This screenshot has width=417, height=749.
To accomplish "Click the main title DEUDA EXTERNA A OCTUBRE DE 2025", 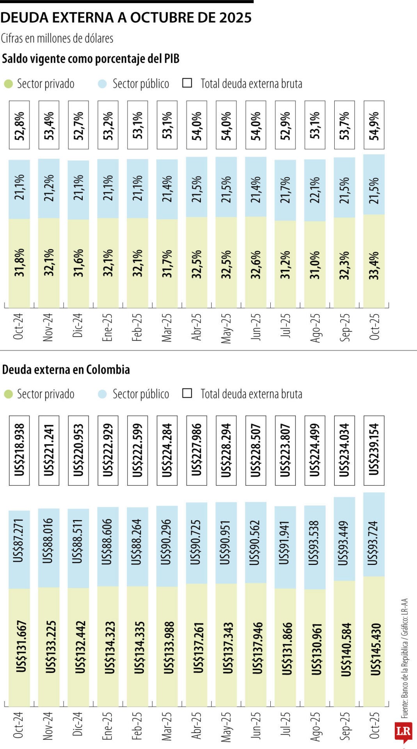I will pos(126,18).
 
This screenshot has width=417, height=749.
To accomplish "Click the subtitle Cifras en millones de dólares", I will pos(57,38).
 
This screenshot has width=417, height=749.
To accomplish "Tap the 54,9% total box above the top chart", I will pos(374,125).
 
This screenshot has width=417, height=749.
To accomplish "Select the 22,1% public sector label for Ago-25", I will pos(315,190).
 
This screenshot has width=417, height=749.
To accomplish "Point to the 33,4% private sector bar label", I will pos(374,265).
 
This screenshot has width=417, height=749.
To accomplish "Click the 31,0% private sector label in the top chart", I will pos(315,264).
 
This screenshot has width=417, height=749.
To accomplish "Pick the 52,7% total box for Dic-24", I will pos(78,125).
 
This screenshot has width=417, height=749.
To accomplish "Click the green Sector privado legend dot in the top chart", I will pos(8,84).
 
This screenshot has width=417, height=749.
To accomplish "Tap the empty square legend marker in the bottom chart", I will pos(187,393).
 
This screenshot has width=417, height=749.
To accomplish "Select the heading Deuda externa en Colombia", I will pos(66,369).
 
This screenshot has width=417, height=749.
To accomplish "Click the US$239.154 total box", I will pos(374,450).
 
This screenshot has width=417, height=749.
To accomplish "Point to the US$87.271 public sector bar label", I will pos(19,540).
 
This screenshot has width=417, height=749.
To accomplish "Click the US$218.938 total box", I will pos(19,450).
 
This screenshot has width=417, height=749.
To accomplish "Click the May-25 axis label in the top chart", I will pos(226,328).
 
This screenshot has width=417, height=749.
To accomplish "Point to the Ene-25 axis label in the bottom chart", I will pos(107,726).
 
